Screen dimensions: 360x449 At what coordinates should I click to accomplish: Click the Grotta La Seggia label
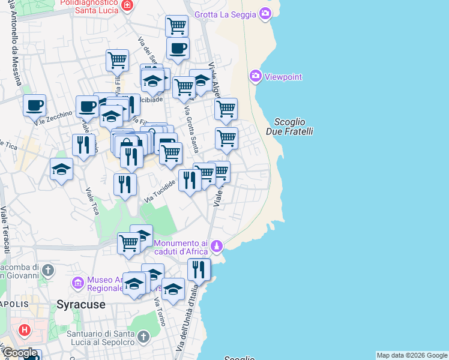(x=226, y=14)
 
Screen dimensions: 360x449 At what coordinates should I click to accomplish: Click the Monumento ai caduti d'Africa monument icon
(x=218, y=246)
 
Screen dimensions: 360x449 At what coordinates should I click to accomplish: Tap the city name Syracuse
(x=81, y=304)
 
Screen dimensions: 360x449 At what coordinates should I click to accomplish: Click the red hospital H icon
(x=25, y=329)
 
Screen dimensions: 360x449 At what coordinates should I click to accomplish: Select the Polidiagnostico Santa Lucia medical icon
(x=127, y=5)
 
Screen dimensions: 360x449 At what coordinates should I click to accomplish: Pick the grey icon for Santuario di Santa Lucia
(x=142, y=337)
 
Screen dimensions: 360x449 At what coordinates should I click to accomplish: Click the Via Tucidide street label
(x=160, y=190)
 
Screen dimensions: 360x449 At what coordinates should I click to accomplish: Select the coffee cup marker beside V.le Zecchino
(x=34, y=106)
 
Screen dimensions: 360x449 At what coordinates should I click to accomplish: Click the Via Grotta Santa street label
(x=191, y=129)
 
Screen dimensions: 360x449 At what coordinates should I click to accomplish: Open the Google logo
(x=20, y=353)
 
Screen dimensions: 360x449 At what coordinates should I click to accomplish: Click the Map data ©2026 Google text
(x=412, y=355)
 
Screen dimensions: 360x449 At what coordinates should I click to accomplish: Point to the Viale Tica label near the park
(x=92, y=202)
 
